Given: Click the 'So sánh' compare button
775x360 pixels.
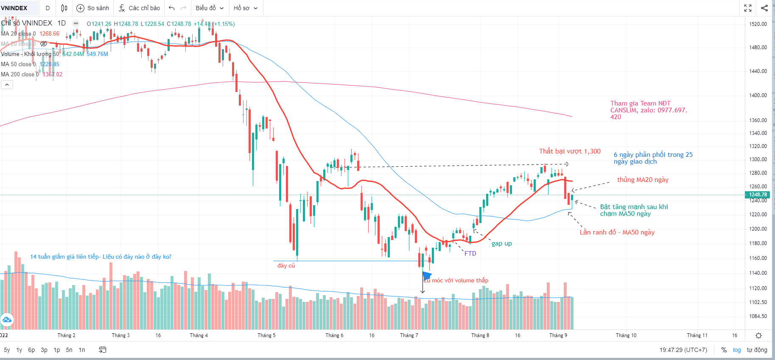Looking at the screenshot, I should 92,8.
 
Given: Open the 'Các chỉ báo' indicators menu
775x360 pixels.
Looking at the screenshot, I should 139,8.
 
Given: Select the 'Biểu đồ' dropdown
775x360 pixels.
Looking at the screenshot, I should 209,8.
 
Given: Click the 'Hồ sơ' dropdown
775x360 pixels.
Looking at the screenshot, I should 245,8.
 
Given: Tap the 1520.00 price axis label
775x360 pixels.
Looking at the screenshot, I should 758,24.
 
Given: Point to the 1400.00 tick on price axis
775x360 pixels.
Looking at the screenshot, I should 758,95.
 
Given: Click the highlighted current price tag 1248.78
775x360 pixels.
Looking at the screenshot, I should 758,195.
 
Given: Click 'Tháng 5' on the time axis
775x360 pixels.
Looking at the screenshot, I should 266,335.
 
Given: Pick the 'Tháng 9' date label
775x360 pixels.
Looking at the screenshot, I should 558,335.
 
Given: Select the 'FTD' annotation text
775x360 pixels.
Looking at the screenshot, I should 470,254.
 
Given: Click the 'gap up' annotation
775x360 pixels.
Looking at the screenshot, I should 501,243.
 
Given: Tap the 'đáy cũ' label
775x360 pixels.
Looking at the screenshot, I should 286,265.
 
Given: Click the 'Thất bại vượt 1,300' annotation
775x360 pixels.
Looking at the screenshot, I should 570,151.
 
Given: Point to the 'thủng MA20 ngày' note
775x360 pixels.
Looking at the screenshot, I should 643,180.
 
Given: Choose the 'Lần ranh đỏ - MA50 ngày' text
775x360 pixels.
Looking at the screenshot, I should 617,232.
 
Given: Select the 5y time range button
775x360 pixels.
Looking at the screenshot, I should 7,350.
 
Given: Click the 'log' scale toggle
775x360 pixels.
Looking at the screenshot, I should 737,350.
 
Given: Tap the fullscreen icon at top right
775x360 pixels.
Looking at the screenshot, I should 748,8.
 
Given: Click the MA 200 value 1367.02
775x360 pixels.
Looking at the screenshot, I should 52,75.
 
